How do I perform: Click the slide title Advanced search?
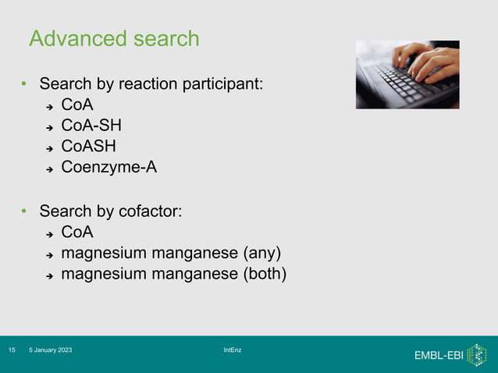click(x=114, y=38)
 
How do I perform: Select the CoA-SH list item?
click(x=91, y=125)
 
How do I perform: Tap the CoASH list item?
click(x=89, y=145)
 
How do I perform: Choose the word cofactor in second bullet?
click(x=150, y=211)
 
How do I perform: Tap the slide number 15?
click(x=12, y=350)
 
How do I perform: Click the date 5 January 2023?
click(x=51, y=350)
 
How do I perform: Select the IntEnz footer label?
click(x=233, y=350)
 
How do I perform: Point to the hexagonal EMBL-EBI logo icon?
click(x=476, y=354)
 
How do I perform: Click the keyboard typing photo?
click(x=407, y=74)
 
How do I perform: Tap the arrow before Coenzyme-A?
click(x=48, y=167)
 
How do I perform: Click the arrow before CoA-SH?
click(x=48, y=126)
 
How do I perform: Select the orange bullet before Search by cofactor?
click(x=24, y=212)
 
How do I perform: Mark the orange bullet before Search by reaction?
click(x=24, y=84)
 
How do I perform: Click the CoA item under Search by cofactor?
click(x=77, y=232)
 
